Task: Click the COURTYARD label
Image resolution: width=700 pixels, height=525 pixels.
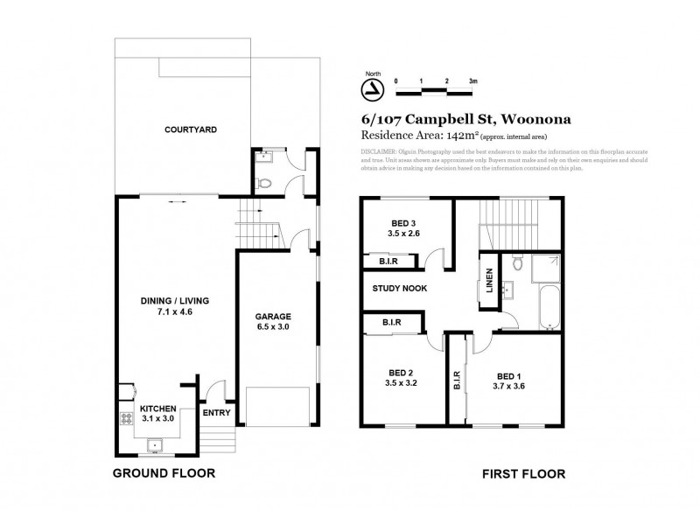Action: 191,129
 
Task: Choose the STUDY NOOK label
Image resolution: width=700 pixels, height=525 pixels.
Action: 399,288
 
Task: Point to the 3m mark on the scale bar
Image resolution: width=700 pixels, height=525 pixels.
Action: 473,80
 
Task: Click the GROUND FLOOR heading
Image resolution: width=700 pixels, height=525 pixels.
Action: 164,473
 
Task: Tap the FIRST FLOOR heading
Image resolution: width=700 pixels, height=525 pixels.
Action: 523,473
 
